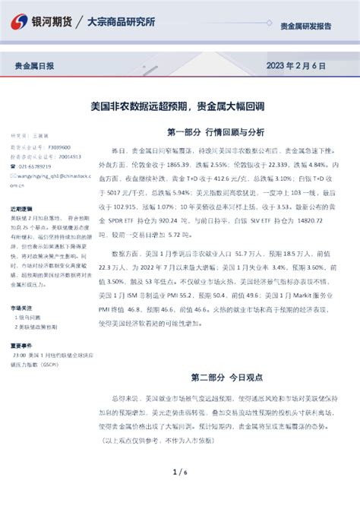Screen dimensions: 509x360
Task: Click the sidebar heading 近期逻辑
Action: coord(21,207)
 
